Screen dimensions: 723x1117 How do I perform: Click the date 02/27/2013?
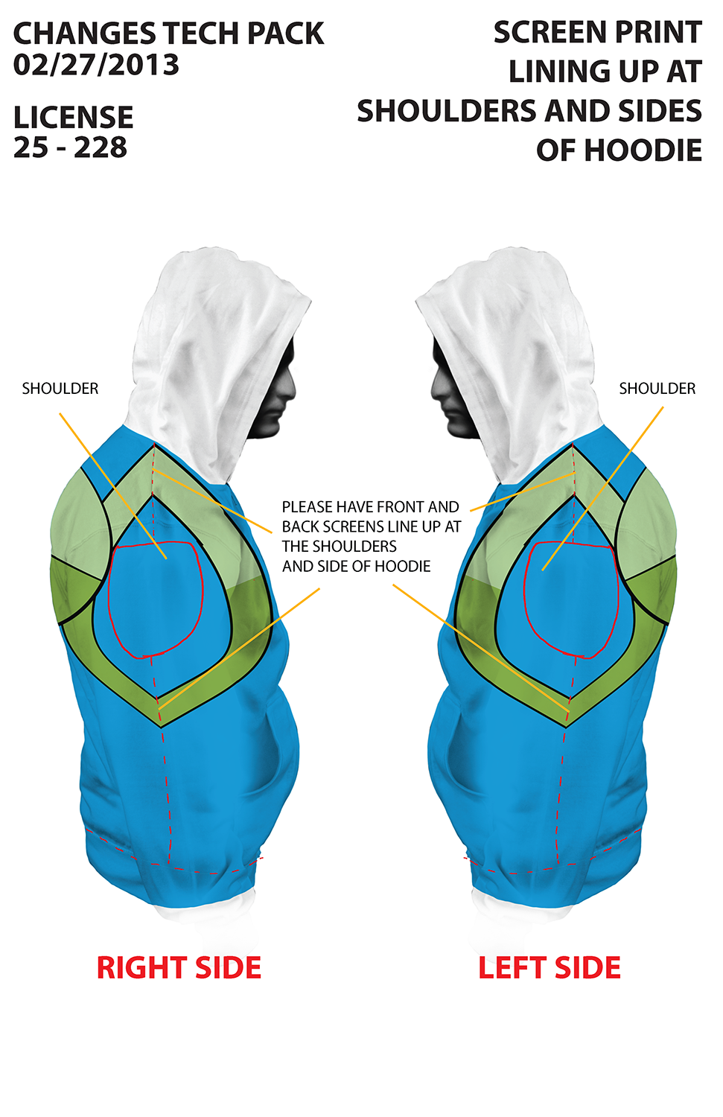[x=96, y=66]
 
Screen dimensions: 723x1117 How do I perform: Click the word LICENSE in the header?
[x=73, y=118]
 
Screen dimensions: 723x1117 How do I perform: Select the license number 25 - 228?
[x=70, y=147]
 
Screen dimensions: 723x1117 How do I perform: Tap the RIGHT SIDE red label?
[x=179, y=968]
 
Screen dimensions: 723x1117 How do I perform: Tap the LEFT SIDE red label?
[x=550, y=968]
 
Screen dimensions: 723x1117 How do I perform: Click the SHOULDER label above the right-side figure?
[x=60, y=389]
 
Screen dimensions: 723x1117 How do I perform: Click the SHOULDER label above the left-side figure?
[x=657, y=389]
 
